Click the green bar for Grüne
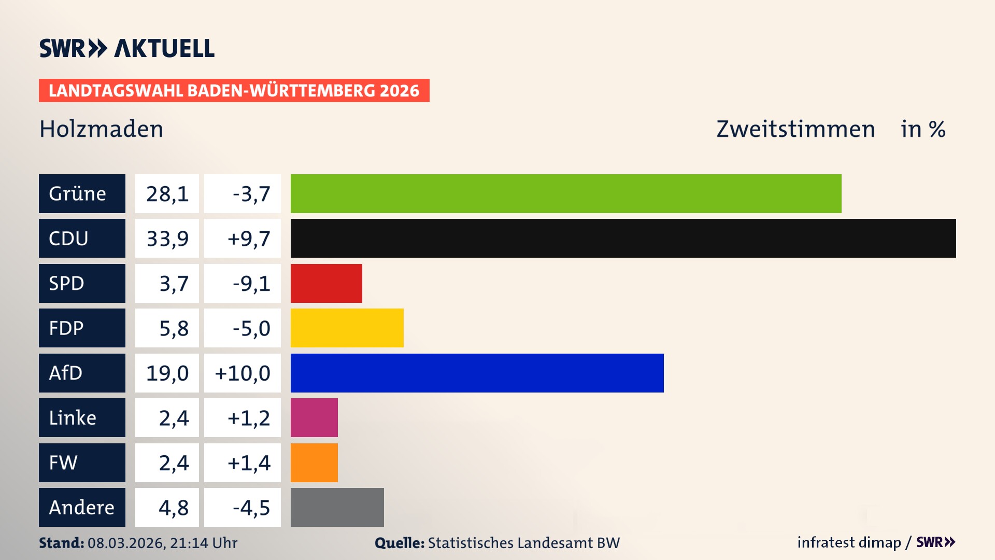click(566, 193)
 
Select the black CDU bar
click(623, 238)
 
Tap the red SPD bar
click(326, 283)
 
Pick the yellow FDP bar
click(347, 328)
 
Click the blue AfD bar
click(477, 373)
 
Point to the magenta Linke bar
click(314, 417)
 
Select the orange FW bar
click(314, 463)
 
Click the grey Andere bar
click(337, 507)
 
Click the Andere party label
click(82, 507)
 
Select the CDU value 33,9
click(167, 239)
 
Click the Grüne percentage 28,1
click(167, 194)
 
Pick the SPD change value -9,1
click(251, 284)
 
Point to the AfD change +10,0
click(243, 373)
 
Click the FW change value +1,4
click(249, 463)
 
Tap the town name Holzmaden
click(102, 129)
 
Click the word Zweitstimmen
click(795, 129)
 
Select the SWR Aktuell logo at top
click(126, 48)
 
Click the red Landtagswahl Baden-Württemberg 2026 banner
click(234, 91)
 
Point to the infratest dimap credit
click(849, 542)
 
